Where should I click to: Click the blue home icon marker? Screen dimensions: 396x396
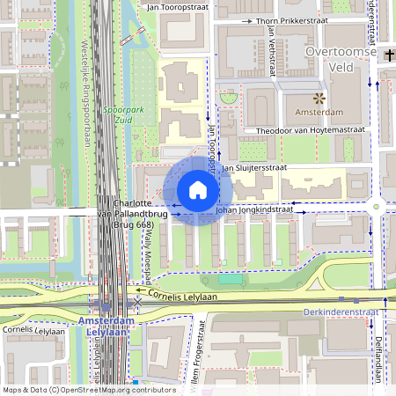[x=198, y=190]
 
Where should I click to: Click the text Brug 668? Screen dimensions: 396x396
[x=132, y=225]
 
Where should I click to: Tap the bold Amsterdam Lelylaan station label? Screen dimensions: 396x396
[x=106, y=327]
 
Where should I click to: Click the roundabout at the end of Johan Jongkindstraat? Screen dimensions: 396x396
[x=377, y=208]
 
